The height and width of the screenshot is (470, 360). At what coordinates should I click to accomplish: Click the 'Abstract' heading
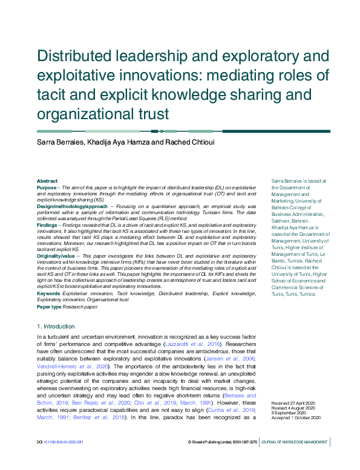(x=47, y=181)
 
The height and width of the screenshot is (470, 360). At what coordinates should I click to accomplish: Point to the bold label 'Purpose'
(x=47, y=188)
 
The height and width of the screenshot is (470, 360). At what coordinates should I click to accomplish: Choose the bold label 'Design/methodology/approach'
(x=64, y=206)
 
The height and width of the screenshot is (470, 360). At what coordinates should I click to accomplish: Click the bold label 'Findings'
(x=47, y=224)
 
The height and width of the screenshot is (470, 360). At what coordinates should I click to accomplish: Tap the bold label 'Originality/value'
(x=55, y=256)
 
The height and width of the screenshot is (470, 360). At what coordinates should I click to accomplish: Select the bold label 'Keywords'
(x=48, y=293)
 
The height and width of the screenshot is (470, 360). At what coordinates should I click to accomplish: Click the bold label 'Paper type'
(x=50, y=307)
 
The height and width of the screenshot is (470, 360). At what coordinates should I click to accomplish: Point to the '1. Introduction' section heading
(x=58, y=327)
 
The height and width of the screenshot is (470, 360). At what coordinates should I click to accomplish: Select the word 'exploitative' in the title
(x=81, y=76)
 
